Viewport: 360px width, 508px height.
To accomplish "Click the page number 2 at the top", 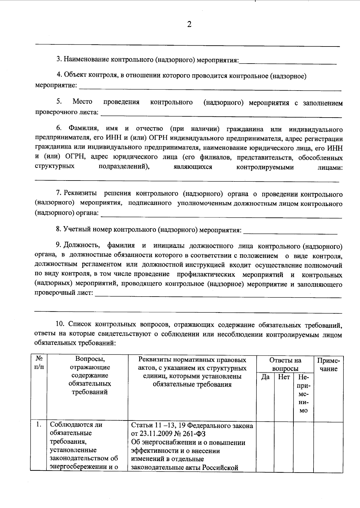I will pos(189,25).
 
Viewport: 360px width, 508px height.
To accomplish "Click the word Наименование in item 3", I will pos(85,59).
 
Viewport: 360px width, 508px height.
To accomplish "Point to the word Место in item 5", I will pos(82,102).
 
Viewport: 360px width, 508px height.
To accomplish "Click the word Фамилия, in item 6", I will pos(84,129).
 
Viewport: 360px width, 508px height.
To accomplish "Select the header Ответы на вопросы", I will pos(285,364).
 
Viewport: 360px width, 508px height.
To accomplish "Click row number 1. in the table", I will pos(38,425).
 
